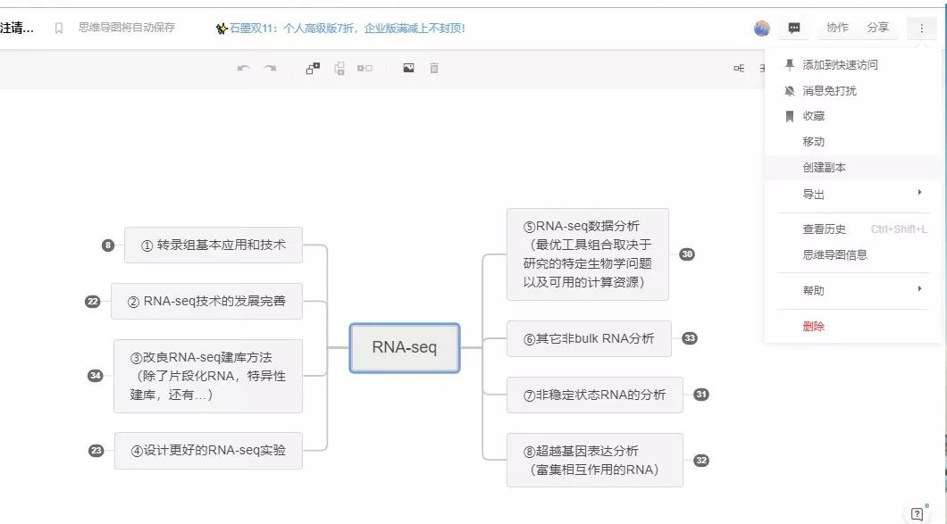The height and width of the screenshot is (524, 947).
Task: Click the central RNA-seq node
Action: click(404, 347)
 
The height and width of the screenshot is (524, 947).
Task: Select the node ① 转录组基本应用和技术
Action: click(214, 245)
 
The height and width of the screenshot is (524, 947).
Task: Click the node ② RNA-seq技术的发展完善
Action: click(206, 301)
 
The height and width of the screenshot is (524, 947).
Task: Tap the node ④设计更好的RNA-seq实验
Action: click(208, 451)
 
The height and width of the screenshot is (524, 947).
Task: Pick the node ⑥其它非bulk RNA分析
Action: click(589, 338)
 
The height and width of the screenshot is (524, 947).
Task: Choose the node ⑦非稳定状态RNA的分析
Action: click(594, 395)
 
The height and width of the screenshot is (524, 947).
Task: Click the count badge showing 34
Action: click(96, 376)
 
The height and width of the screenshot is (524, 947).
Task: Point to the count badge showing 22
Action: click(92, 302)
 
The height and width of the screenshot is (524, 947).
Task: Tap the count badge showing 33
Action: click(690, 338)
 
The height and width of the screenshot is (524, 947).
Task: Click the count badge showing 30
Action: click(687, 254)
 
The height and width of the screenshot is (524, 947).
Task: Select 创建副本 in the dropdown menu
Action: click(824, 168)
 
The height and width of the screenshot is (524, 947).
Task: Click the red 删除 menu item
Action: click(813, 327)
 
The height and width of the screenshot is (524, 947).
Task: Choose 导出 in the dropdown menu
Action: click(813, 195)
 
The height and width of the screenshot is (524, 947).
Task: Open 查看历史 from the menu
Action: click(824, 229)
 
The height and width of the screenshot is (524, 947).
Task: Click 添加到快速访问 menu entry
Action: click(840, 65)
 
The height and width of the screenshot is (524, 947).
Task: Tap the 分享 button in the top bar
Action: click(877, 28)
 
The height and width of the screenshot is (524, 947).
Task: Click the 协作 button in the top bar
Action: click(837, 28)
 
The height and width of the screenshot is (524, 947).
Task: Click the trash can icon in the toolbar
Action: click(434, 68)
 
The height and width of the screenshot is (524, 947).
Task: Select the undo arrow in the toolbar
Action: click(243, 68)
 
